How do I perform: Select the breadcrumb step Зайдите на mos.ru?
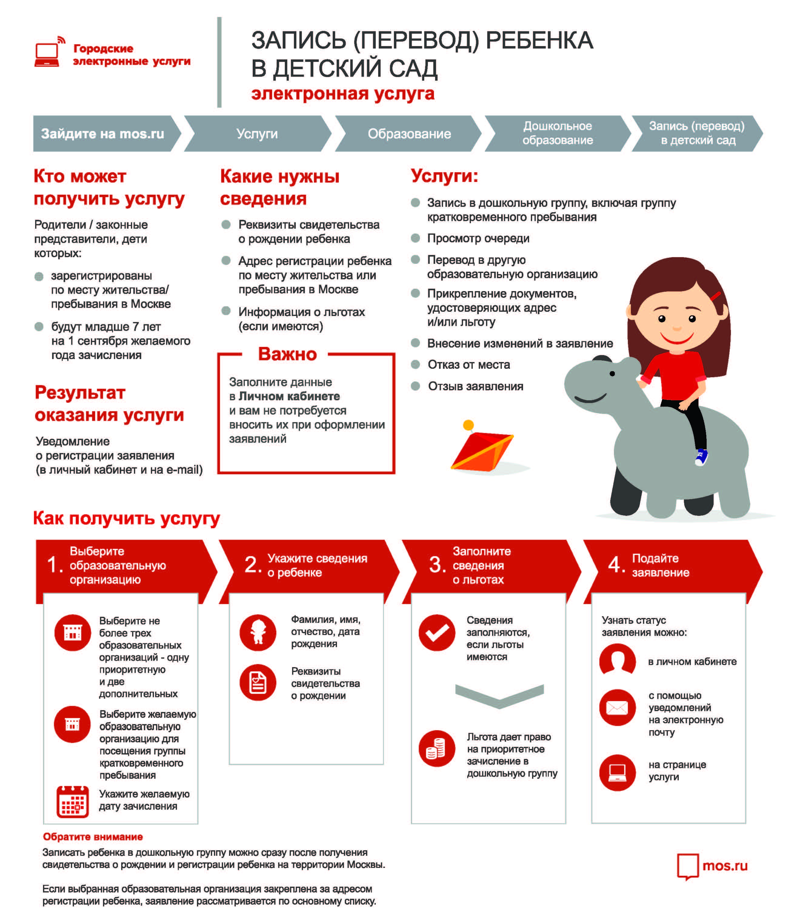103,134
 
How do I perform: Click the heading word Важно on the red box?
287,354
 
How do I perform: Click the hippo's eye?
612,374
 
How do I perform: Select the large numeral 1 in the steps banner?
54,565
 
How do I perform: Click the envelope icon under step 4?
617,707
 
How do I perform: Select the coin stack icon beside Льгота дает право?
437,748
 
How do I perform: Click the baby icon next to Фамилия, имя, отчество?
258,632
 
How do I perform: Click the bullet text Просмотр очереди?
478,238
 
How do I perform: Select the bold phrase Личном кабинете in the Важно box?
289,396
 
